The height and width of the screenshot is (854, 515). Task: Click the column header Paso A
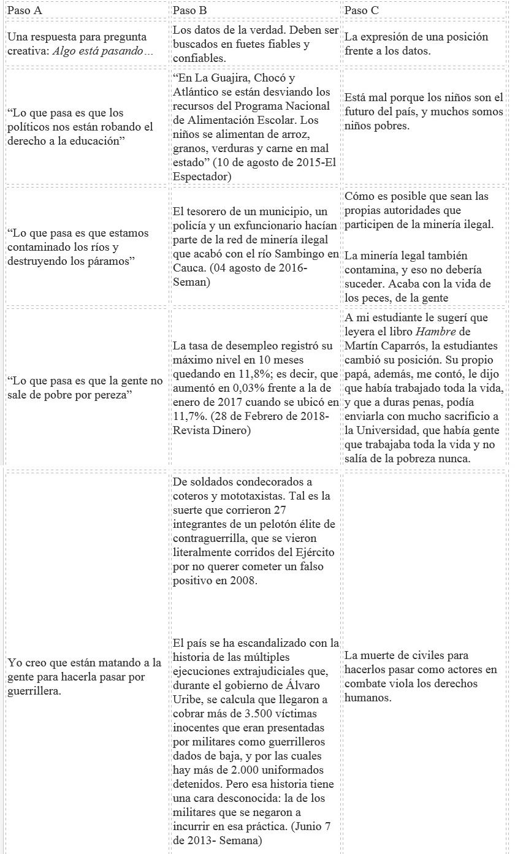25,10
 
